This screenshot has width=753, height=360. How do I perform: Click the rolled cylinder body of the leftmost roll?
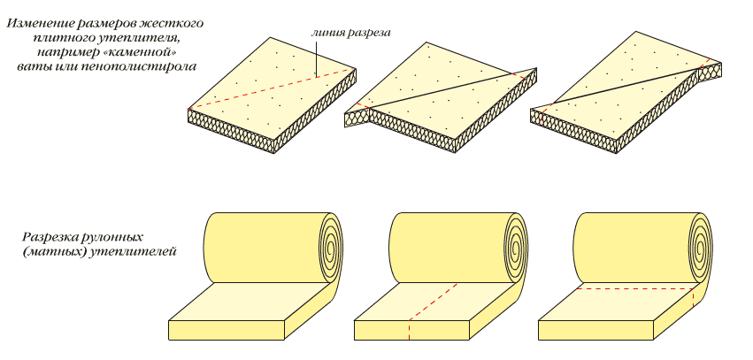coord(257,248)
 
